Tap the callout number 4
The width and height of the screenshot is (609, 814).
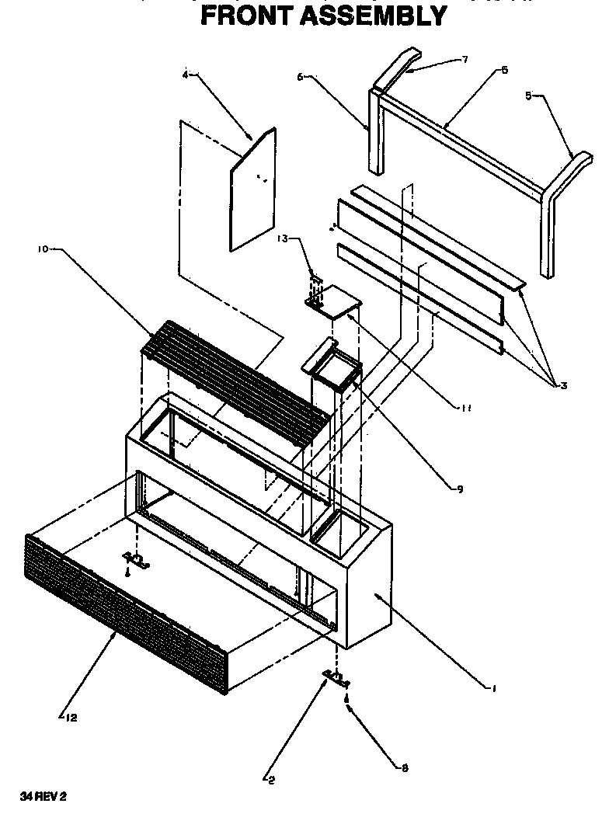[186, 75]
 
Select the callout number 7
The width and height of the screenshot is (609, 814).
[465, 60]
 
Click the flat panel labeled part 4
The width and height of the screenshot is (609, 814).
[252, 190]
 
